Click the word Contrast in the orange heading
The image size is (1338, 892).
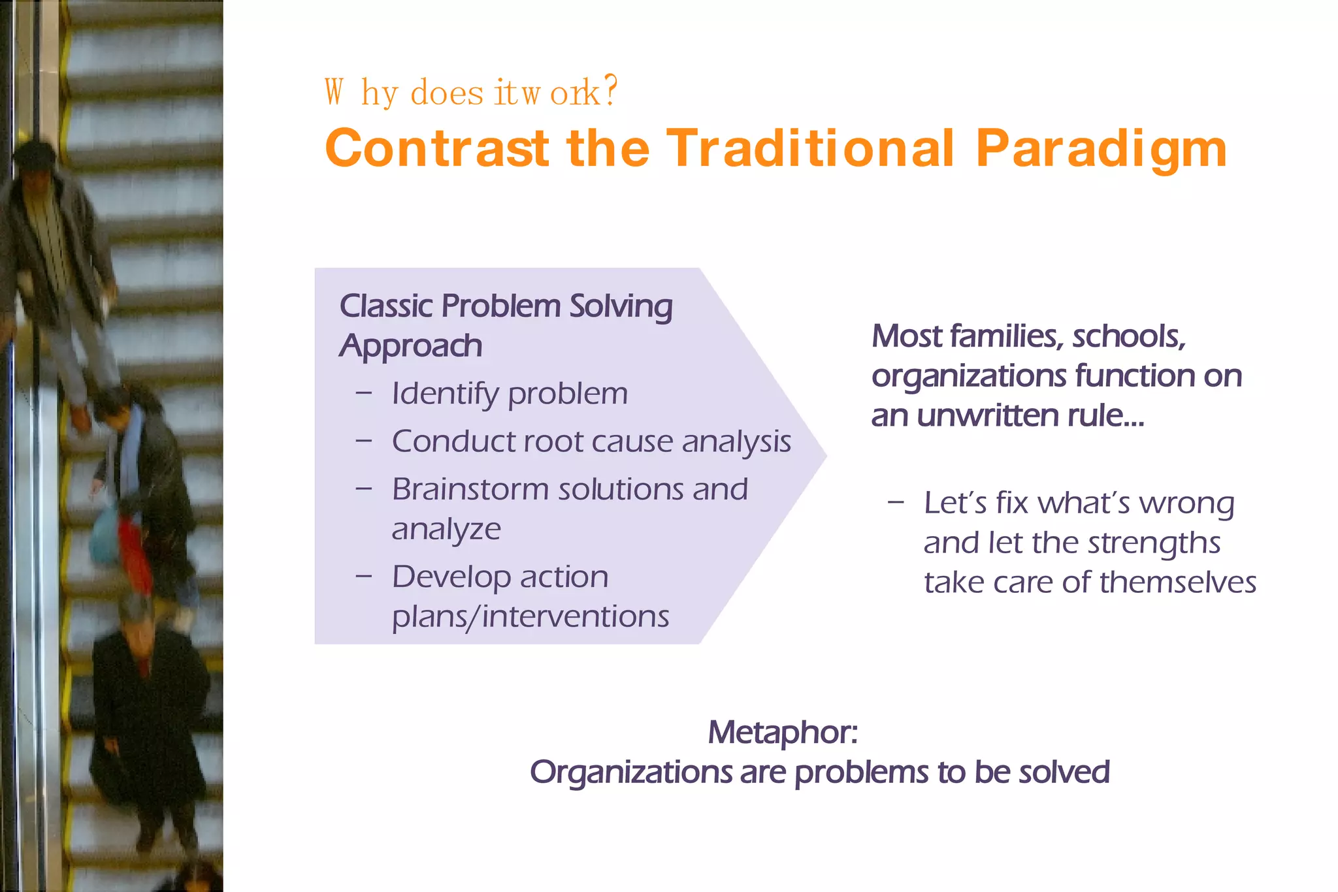[437, 149]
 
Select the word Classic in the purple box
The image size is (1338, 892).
[386, 306]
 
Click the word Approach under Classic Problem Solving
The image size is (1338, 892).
[410, 345]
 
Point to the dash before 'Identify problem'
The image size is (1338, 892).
[364, 393]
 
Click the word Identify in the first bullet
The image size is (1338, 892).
[445, 394]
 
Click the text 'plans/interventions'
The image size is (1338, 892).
[530, 616]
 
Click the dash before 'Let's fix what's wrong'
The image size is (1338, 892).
[896, 503]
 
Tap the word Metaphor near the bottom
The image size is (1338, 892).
[781, 733]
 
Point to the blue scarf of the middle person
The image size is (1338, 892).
[131, 451]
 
